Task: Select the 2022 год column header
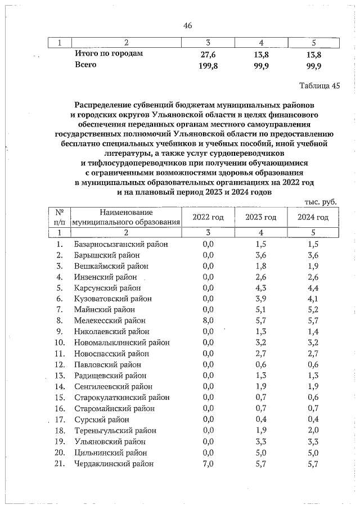click(x=208, y=217)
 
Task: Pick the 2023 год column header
click(x=261, y=217)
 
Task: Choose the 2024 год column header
click(x=313, y=217)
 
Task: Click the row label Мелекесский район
click(x=110, y=320)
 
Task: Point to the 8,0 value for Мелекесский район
click(x=208, y=320)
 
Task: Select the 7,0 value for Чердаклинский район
click(x=208, y=463)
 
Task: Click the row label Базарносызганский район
click(x=121, y=244)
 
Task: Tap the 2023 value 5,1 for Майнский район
click(x=261, y=309)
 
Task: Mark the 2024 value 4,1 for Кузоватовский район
click(x=313, y=298)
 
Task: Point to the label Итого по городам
click(x=109, y=54)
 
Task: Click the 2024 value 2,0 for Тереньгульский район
click(x=313, y=430)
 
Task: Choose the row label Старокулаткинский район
click(x=121, y=398)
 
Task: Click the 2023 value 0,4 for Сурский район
click(x=261, y=419)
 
